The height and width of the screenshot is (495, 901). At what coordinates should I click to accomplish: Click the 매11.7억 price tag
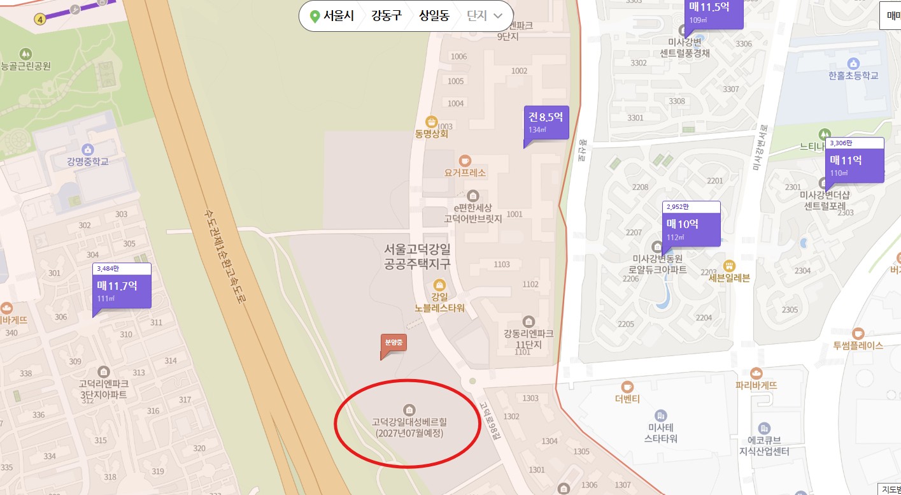(122, 291)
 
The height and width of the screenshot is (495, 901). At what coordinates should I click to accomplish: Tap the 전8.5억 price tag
(546, 122)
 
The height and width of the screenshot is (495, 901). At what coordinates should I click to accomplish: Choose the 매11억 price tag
(855, 165)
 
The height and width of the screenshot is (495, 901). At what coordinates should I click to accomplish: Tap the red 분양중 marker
(394, 343)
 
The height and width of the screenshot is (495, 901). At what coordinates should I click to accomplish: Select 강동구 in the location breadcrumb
(387, 16)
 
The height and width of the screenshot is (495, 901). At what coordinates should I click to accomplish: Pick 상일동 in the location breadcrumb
(434, 16)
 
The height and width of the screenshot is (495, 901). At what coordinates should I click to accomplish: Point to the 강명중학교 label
(88, 162)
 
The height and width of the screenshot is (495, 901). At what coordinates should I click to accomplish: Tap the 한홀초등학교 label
(853, 75)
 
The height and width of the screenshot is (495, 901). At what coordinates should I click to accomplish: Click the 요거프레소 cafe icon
(465, 160)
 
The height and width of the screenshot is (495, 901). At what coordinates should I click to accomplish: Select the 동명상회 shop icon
(432, 121)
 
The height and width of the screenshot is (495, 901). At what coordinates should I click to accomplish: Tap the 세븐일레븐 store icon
(730, 265)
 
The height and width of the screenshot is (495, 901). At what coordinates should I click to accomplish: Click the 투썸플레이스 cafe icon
(858, 333)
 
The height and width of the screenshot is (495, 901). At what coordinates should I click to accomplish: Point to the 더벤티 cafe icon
(627, 387)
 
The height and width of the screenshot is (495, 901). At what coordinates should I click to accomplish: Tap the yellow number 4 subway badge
(41, 19)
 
